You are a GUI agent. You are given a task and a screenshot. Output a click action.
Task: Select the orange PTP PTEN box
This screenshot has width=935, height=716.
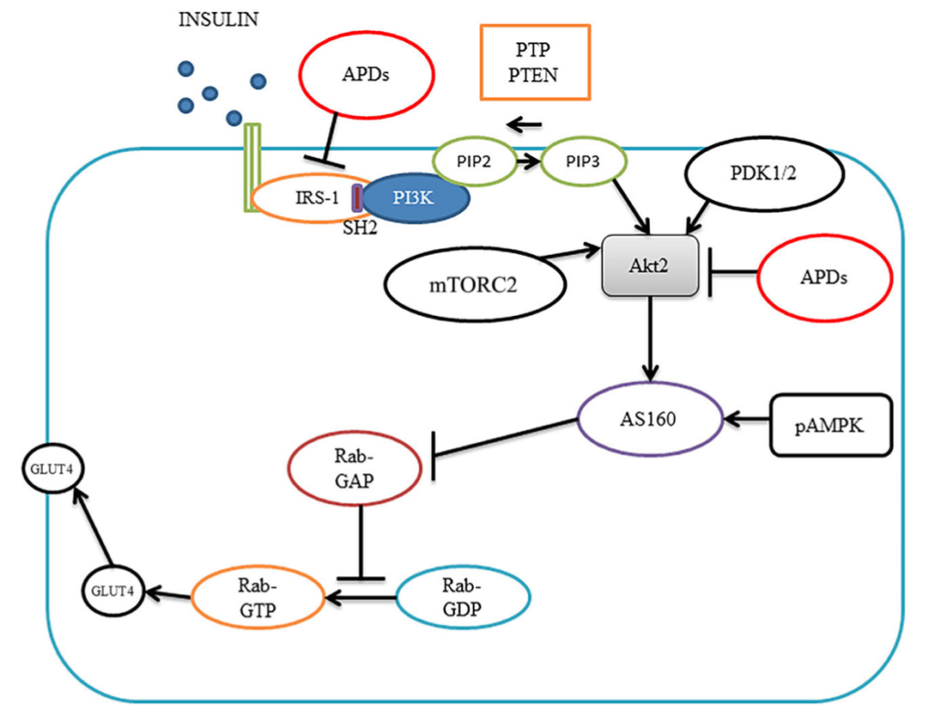pyautogui.click(x=536, y=62)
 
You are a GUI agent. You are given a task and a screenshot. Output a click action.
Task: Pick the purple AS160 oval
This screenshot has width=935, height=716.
pyautogui.click(x=650, y=418)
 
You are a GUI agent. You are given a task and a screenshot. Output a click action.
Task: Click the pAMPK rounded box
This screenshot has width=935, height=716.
pyautogui.click(x=832, y=426)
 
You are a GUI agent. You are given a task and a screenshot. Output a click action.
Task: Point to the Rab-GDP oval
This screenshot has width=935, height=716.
pyautogui.click(x=464, y=600)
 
